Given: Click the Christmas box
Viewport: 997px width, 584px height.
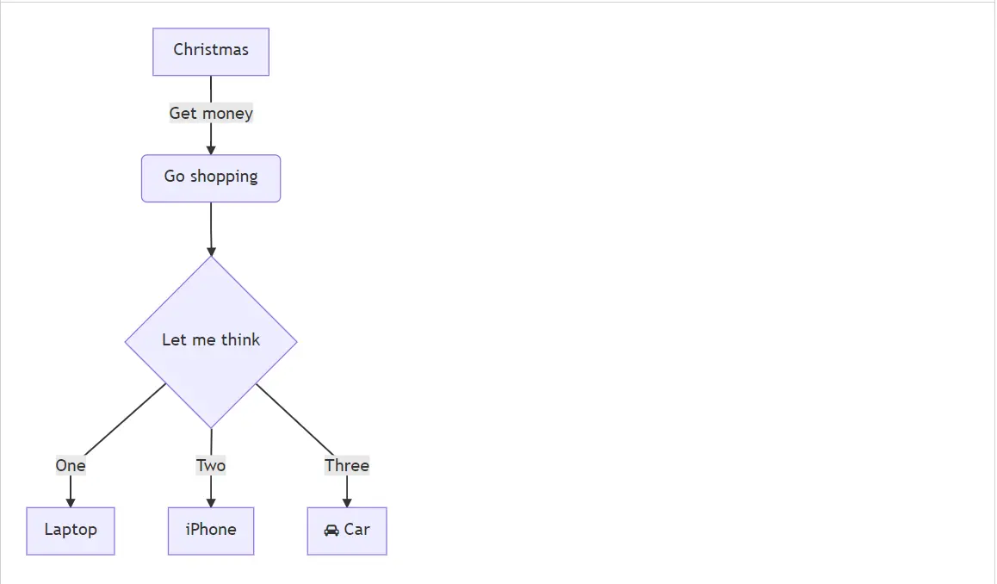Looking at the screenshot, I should pyautogui.click(x=211, y=52).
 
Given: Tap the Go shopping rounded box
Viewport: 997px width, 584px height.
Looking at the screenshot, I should pyautogui.click(x=211, y=178).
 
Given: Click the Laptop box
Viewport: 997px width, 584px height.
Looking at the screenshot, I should pyautogui.click(x=71, y=531).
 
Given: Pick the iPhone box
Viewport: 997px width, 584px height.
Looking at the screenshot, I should pyautogui.click(x=211, y=531).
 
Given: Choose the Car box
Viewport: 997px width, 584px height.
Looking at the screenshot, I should pyautogui.click(x=347, y=531).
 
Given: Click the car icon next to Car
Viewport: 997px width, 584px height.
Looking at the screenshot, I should pyautogui.click(x=331, y=531).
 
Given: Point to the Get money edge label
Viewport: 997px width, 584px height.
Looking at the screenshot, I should pyautogui.click(x=211, y=113).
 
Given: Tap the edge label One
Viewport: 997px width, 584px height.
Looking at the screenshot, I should pyautogui.click(x=71, y=466).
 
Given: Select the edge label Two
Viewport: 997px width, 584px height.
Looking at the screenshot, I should pyautogui.click(x=211, y=466).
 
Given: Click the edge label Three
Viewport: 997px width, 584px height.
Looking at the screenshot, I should pyautogui.click(x=347, y=466).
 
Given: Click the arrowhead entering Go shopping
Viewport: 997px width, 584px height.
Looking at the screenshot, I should pyautogui.click(x=211, y=151).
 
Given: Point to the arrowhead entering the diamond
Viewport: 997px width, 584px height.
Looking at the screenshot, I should pyautogui.click(x=211, y=252).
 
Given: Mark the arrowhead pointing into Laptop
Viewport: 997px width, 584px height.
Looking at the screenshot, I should pyautogui.click(x=71, y=503).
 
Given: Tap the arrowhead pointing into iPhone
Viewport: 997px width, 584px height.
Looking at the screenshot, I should pyautogui.click(x=211, y=503).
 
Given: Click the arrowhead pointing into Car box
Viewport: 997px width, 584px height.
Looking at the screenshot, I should pyautogui.click(x=347, y=503).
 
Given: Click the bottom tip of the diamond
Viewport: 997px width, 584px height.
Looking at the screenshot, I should pyautogui.click(x=211, y=426).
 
